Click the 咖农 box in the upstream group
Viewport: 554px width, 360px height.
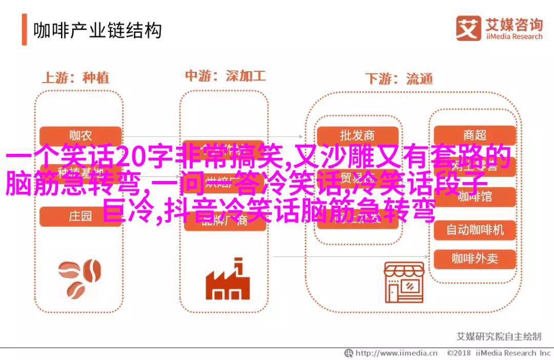81,135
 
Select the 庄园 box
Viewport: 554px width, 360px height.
81,216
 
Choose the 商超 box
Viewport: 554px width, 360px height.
474,135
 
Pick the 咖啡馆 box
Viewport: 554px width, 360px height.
474,196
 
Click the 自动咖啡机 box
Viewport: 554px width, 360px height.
474,229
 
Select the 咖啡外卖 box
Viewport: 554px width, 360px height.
474,259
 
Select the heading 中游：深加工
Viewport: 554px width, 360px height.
225,76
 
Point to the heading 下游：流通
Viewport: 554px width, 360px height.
399,79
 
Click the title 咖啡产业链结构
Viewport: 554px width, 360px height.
97,30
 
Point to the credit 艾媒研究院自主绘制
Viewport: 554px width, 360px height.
499,336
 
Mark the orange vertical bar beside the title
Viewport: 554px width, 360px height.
24,30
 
